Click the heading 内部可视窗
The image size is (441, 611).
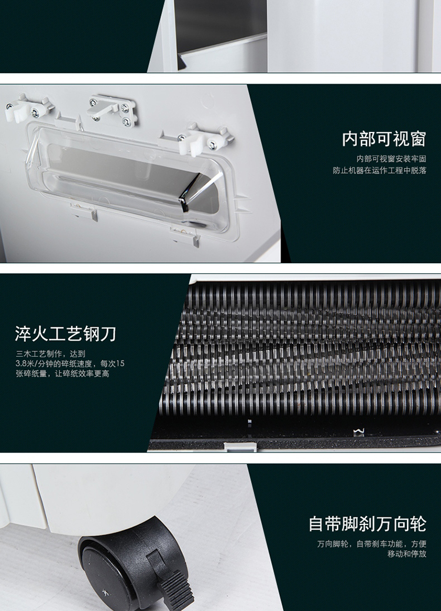tap(384, 139)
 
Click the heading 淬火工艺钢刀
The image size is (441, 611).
tap(66, 334)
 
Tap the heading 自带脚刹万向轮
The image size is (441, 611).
tap(367, 524)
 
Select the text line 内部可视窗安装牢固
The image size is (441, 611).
tap(391, 158)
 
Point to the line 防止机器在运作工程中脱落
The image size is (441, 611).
tap(379, 170)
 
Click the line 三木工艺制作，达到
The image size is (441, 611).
tap(50, 354)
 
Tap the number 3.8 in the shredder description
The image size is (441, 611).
tap(21, 364)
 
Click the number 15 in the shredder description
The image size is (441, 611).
tap(121, 364)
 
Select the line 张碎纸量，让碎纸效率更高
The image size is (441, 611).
tap(62, 374)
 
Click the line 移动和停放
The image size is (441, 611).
tap(407, 554)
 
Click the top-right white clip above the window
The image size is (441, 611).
tap(206, 138)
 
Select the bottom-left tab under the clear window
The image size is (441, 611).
tap(83, 211)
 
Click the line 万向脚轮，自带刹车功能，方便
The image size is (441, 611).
tap(372, 543)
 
